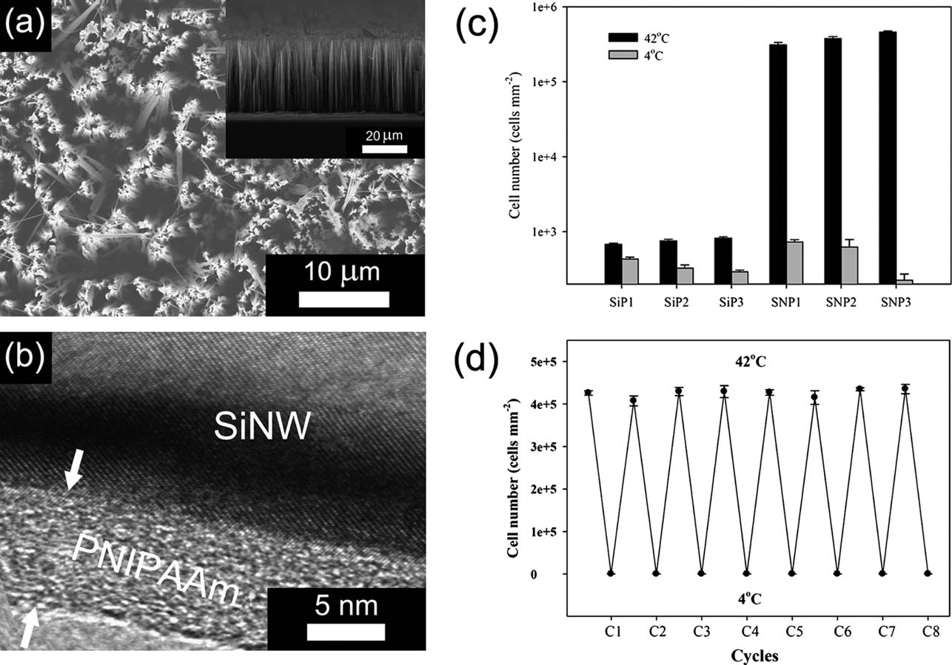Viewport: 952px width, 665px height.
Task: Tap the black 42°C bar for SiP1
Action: point(613,263)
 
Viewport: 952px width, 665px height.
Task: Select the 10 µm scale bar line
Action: point(344,300)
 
